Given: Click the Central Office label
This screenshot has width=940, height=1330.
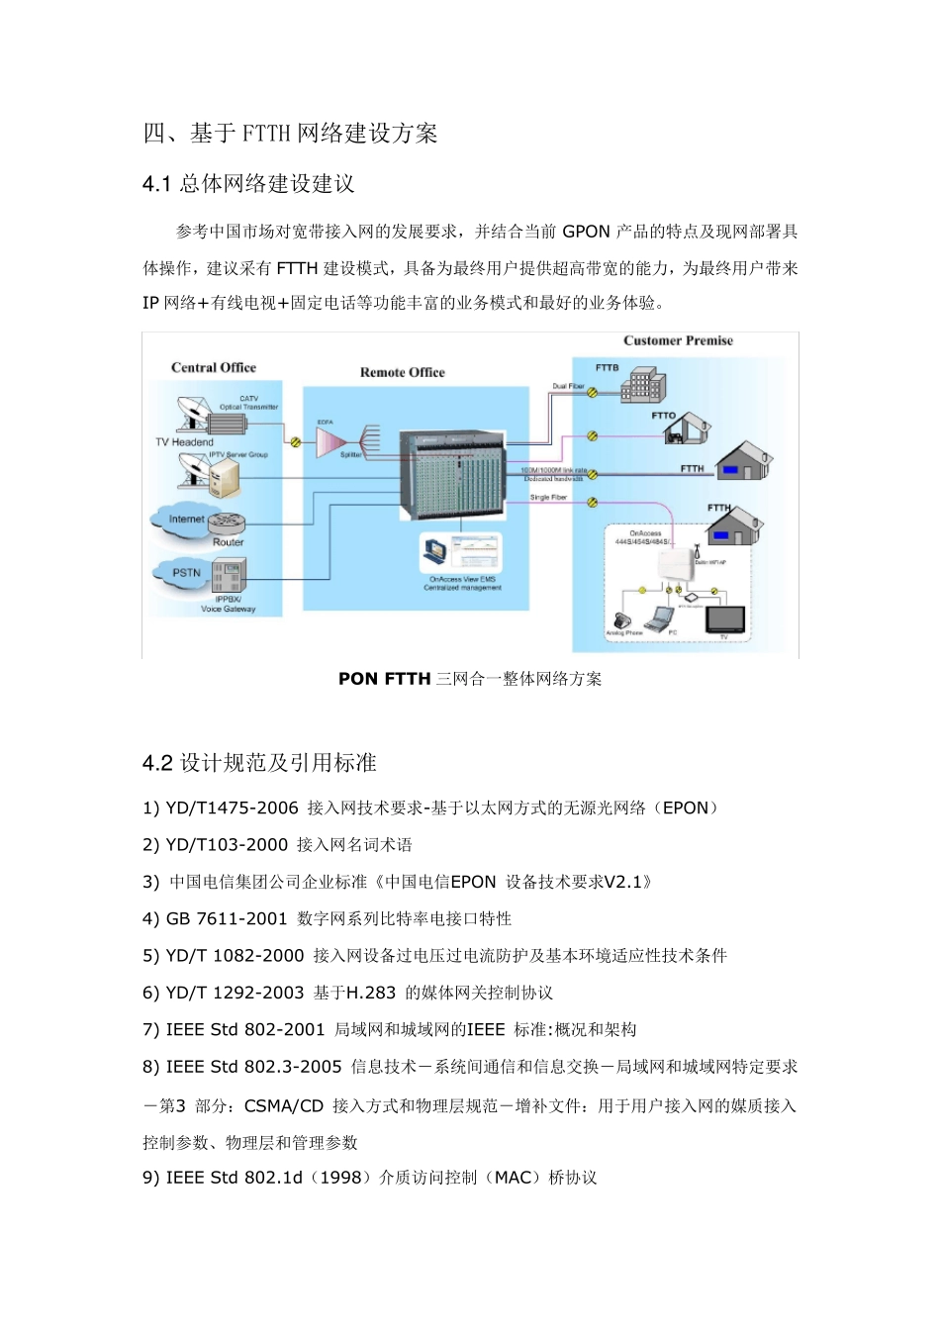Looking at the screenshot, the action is coord(213,367).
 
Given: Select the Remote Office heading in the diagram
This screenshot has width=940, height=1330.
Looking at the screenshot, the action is coord(402,372).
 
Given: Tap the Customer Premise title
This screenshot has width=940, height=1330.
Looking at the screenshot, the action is coord(678,340).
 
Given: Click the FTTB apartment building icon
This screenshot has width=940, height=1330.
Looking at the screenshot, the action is coord(642,385).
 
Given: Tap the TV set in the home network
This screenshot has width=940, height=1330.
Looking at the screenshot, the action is coord(725,618).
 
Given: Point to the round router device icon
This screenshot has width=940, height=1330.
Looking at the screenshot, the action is coord(227,523).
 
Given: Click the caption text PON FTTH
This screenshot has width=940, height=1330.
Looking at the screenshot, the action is coord(384,679).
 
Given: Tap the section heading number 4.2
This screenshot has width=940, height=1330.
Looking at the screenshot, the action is coord(157,763).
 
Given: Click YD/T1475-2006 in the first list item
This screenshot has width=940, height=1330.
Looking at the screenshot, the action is coord(232,808).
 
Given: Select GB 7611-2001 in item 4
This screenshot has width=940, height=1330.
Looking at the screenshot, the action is coord(227,919).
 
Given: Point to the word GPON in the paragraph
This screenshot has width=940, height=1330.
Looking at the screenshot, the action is coord(586,232).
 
